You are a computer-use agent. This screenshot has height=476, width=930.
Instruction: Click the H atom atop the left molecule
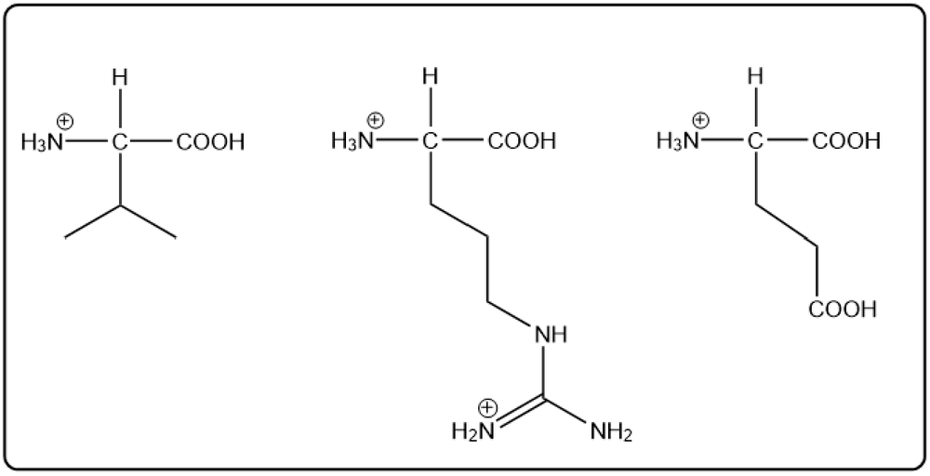coord(120,77)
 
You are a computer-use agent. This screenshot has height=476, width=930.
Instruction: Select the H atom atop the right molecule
coord(755,76)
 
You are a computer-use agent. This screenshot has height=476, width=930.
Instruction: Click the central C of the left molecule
coord(120,142)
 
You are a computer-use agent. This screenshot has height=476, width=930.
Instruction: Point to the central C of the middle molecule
coord(432,141)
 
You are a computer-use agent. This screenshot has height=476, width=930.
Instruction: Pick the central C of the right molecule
coord(755,141)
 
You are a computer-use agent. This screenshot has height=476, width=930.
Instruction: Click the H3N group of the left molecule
coord(42,143)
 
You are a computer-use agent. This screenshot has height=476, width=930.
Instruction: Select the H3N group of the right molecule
coord(678,141)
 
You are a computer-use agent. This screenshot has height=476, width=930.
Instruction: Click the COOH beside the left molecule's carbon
coord(210,142)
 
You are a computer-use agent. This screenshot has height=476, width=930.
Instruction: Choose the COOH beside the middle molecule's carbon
coord(522,141)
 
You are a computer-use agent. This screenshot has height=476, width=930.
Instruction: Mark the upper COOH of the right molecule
coord(846,141)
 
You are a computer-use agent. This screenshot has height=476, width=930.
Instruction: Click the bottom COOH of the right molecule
coord(843,310)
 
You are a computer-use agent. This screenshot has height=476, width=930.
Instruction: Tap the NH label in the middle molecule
coord(551,335)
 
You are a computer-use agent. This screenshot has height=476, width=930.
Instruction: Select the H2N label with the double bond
coord(473,431)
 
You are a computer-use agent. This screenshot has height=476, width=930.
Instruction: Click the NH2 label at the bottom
coord(612,431)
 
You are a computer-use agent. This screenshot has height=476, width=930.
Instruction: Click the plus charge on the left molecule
coord(65,122)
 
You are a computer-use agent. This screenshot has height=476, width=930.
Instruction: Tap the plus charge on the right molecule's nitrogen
coord(701,120)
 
